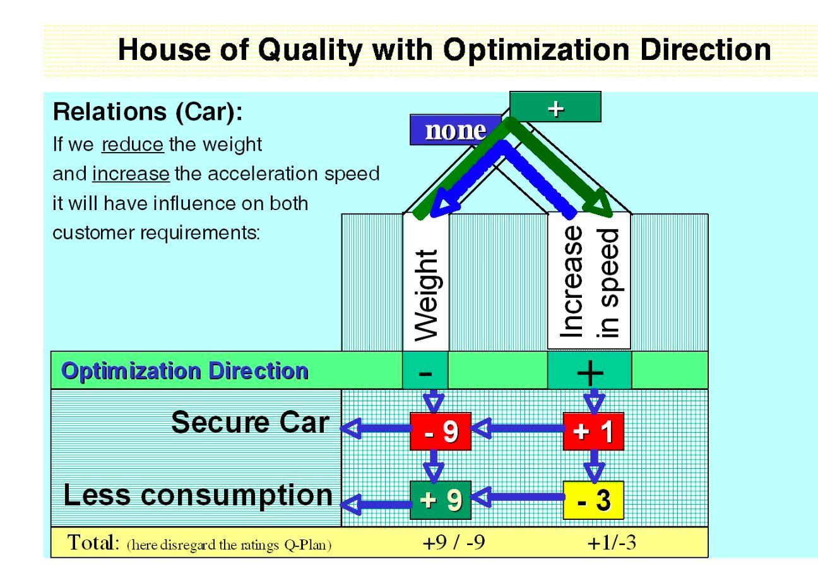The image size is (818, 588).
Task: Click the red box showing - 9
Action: pos(441,431)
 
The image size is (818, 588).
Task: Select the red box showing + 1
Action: pos(593,431)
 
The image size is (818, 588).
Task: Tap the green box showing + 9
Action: pos(441,500)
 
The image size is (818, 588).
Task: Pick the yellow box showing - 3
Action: pos(593,500)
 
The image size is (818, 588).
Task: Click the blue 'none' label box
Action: pos(456,130)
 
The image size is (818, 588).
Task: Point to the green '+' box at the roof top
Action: pos(555,107)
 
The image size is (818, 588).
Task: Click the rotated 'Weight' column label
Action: pos(426,295)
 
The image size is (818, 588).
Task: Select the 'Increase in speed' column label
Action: pos(590,281)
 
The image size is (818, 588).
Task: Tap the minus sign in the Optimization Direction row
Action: pos(425,372)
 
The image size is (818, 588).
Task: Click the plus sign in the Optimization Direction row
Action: pos(590,372)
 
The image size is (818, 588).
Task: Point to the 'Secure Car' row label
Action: pos(250,422)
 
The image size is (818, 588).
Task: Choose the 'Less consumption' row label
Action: pos(198,495)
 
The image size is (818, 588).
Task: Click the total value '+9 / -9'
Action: pos(454,542)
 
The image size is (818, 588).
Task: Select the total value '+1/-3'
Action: pos(612,542)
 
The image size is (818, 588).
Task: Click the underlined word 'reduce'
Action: pos(133,144)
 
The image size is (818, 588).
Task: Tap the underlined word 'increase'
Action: pos(131,173)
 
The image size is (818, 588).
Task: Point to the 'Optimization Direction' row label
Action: pos(184,371)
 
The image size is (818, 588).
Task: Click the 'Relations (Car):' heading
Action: pos(148,112)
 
